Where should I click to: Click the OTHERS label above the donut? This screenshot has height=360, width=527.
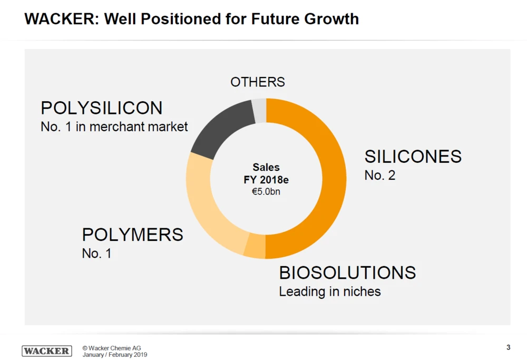[x=258, y=82]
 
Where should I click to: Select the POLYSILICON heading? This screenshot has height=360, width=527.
[x=102, y=108]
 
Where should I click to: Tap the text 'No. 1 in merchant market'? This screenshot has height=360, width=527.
[x=114, y=127]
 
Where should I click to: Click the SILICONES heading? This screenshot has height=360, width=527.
[x=413, y=157]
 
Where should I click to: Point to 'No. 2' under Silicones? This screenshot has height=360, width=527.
[x=379, y=176]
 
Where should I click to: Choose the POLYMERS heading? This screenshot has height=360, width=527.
[x=132, y=235]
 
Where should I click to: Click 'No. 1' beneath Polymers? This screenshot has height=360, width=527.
[x=96, y=254]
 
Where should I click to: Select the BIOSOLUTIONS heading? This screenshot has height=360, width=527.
[x=347, y=273]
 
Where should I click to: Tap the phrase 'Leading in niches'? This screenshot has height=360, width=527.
[x=329, y=291]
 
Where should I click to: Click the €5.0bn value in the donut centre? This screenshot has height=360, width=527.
[x=266, y=192]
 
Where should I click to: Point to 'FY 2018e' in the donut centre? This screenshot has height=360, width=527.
[x=266, y=180]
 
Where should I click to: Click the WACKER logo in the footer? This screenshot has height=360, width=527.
[x=47, y=351]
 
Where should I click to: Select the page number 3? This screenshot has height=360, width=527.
[x=508, y=347]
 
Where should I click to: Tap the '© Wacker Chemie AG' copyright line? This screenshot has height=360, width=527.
[x=111, y=348]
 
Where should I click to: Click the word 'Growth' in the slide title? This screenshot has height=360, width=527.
[x=331, y=20]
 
